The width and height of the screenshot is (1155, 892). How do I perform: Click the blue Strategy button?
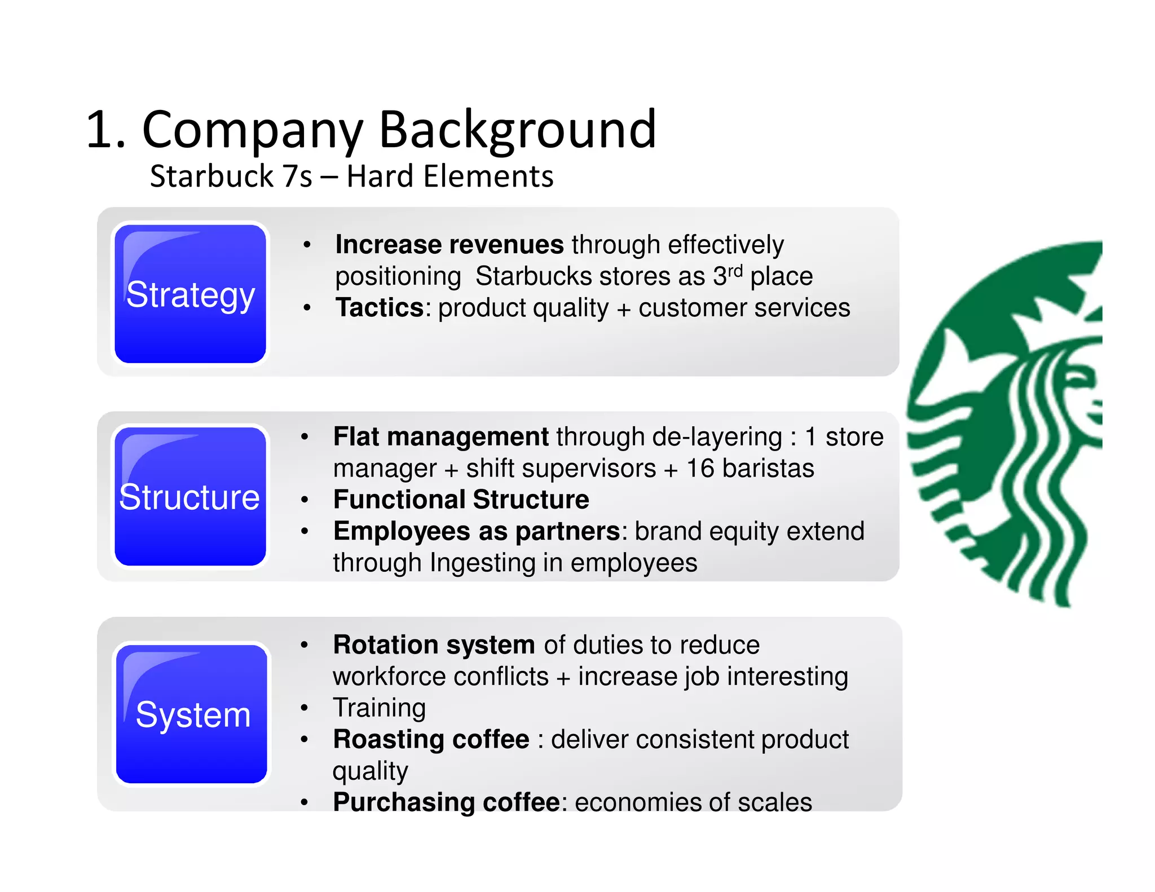tap(190, 294)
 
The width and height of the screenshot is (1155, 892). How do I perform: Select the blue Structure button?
tap(190, 497)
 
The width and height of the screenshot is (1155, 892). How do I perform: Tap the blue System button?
tap(192, 714)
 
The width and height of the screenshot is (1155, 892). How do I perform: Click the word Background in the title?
tap(517, 130)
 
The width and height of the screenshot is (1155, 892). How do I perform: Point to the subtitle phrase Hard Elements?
tap(449, 176)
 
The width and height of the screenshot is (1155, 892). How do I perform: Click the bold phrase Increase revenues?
tap(449, 245)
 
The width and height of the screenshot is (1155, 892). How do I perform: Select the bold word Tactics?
tap(379, 308)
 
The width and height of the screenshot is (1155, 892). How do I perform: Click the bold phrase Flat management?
tap(440, 437)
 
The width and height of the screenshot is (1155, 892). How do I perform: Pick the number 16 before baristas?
tap(700, 469)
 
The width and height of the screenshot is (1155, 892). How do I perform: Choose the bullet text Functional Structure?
tap(461, 500)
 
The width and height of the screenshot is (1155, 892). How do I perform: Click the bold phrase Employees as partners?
tap(477, 531)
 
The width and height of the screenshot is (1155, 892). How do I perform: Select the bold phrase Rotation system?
tap(434, 644)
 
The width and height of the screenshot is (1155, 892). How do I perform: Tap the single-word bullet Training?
tap(379, 708)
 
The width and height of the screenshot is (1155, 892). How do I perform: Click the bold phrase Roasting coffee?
tap(431, 739)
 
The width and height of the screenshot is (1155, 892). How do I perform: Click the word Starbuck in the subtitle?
tap(211, 176)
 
